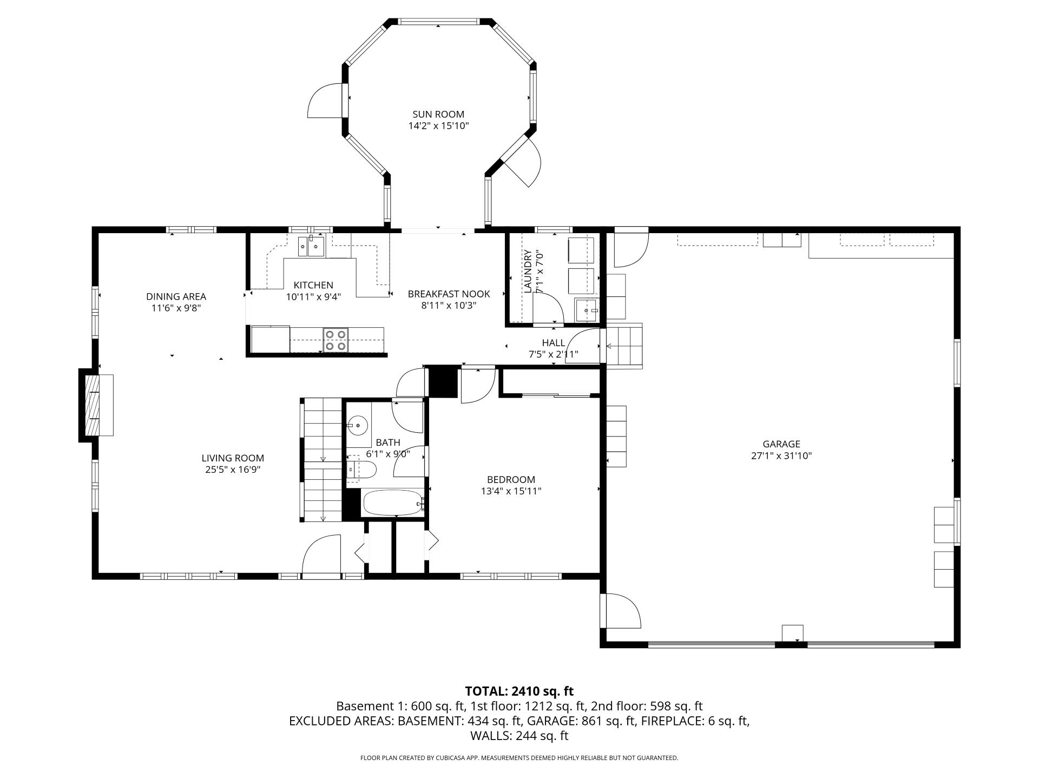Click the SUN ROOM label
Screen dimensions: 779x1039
click(438, 114)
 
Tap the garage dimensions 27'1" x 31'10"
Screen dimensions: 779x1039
click(781, 456)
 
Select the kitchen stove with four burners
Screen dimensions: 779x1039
click(335, 340)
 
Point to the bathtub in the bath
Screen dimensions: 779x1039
click(392, 503)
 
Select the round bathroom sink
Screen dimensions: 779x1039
click(358, 425)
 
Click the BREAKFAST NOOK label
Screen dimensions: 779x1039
click(449, 294)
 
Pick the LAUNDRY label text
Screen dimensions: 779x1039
click(528, 271)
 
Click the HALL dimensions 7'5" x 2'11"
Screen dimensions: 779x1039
click(553, 354)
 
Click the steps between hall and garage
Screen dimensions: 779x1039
click(624, 346)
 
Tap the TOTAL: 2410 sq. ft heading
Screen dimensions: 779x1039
click(519, 691)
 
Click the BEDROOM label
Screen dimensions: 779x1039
click(511, 479)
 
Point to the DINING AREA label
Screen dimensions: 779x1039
click(176, 296)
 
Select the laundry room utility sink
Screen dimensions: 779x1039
click(587, 311)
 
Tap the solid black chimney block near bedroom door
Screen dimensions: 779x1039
click(443, 382)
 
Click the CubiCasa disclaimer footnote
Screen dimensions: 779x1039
click(519, 758)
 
